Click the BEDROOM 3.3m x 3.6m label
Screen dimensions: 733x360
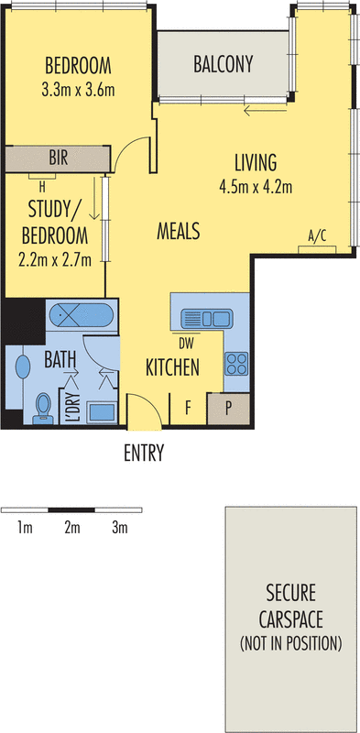(x=78, y=77)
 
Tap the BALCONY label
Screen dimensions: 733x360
(x=223, y=65)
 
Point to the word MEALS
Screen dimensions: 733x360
(x=178, y=230)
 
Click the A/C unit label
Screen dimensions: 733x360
(x=318, y=237)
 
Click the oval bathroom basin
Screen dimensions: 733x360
(x=23, y=367)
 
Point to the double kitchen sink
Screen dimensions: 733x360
(x=207, y=319)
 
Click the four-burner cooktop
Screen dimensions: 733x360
(x=235, y=363)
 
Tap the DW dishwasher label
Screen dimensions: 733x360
(x=186, y=344)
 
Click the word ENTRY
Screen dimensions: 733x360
(x=143, y=452)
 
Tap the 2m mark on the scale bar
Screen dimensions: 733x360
(x=72, y=527)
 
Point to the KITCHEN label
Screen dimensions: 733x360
(x=173, y=368)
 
